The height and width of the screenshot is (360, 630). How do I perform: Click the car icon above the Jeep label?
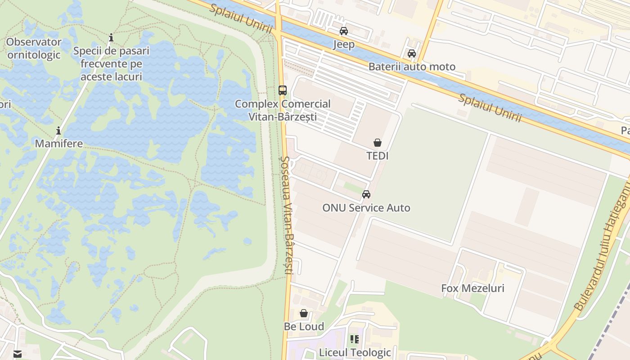tap(344, 31)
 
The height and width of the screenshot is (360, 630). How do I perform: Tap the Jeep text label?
tap(344, 44)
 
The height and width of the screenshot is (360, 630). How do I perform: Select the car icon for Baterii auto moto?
tap(412, 54)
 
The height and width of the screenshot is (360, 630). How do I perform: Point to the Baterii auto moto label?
tap(412, 67)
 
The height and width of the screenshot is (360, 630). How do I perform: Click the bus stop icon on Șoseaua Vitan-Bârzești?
tap(283, 90)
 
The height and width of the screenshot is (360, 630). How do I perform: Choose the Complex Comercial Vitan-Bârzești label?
tap(283, 110)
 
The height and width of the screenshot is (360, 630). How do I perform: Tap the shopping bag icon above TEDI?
tap(378, 143)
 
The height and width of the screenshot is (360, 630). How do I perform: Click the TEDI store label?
tap(378, 156)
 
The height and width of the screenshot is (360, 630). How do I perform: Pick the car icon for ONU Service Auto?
tap(366, 194)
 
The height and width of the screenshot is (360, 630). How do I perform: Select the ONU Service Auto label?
tap(366, 208)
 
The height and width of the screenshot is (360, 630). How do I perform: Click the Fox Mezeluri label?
tap(472, 288)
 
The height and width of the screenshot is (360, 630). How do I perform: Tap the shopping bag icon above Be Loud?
tap(304, 313)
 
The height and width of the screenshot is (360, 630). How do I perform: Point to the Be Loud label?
tap(304, 326)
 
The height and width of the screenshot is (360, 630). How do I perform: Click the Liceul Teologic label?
tap(355, 352)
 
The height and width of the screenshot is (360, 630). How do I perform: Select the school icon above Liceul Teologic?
tap(355, 339)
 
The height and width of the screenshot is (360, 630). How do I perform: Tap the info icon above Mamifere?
tap(58, 131)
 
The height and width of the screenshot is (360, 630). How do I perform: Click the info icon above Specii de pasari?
tap(111, 37)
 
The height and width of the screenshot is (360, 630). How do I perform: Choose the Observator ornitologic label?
tap(34, 49)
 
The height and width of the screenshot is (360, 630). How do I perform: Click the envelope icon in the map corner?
tap(18, 354)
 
